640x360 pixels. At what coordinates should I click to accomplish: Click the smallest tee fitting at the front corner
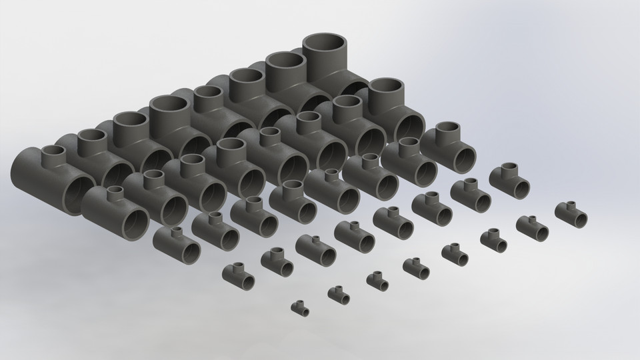point(301,308)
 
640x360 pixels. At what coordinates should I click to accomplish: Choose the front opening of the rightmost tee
point(577,217)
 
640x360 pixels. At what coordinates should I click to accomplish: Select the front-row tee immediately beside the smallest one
point(339,293)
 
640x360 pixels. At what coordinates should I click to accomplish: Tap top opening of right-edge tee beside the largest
point(387,89)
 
